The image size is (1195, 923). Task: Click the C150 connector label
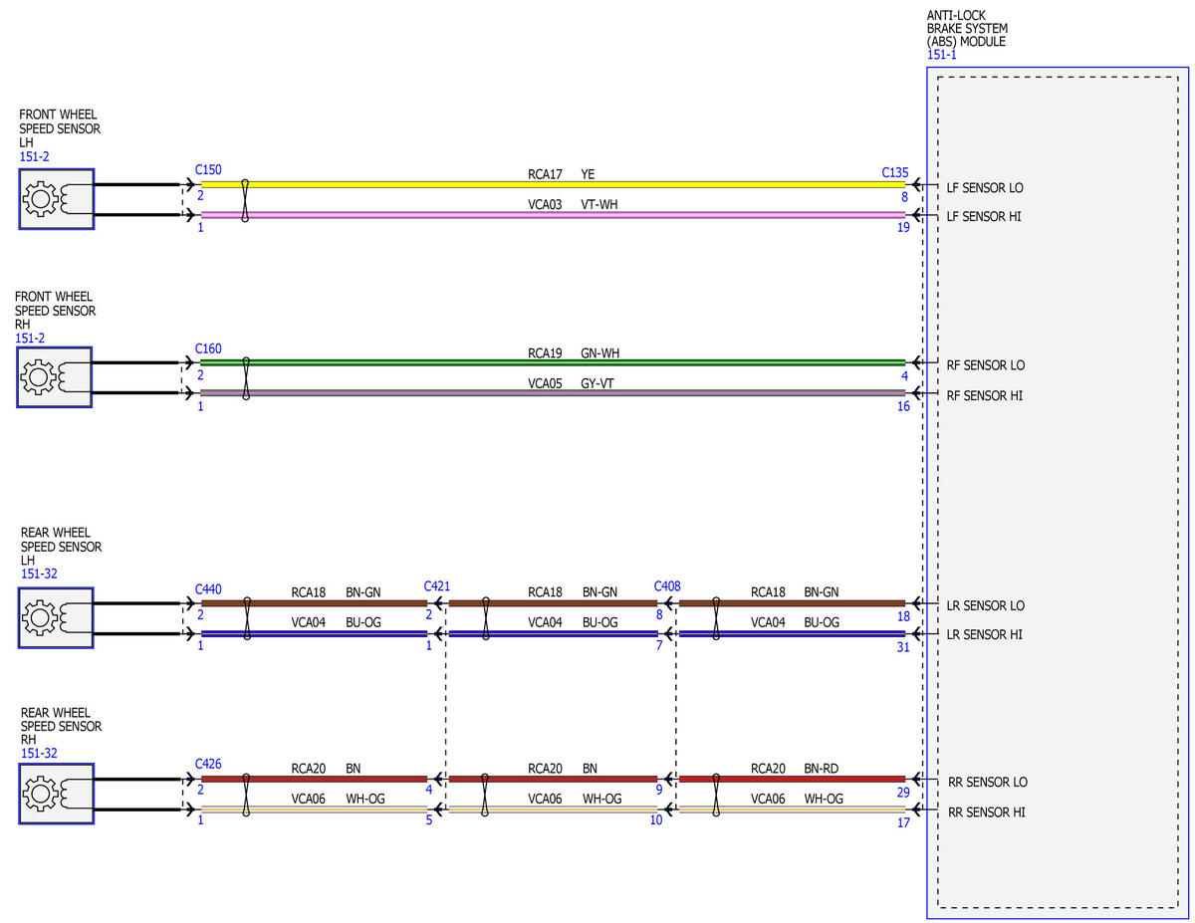click(208, 170)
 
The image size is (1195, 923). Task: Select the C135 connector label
click(894, 172)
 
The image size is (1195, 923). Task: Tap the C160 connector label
click(208, 348)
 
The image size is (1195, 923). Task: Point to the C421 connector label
click(436, 586)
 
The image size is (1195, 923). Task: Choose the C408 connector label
click(666, 586)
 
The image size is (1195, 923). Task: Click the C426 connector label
click(208, 764)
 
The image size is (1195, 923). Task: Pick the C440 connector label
click(208, 589)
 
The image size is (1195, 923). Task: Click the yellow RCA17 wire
click(553, 185)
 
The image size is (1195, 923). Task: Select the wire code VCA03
click(545, 204)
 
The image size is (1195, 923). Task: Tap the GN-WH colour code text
click(599, 352)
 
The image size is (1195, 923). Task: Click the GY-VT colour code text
click(597, 383)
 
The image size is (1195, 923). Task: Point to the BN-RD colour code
click(821, 769)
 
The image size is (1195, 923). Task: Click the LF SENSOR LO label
click(984, 188)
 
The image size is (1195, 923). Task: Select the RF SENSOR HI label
click(984, 396)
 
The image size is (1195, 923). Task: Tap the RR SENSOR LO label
click(987, 783)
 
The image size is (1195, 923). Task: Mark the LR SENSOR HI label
click(984, 635)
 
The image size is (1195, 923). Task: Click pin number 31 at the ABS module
click(903, 647)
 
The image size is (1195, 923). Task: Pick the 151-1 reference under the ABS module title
click(941, 55)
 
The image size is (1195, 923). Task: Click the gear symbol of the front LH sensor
click(40, 198)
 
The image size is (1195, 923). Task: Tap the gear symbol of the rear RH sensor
click(40, 794)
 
